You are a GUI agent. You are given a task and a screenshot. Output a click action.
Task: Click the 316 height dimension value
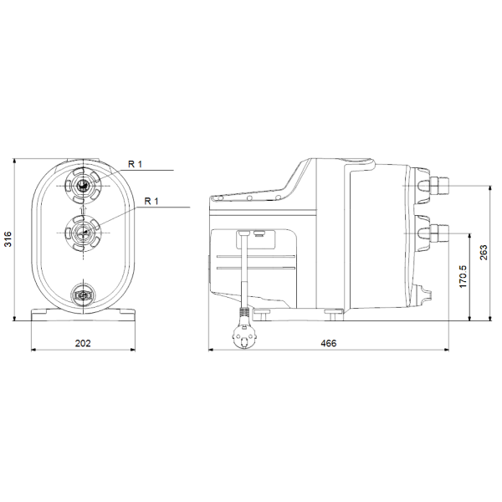pyautogui.click(x=8, y=238)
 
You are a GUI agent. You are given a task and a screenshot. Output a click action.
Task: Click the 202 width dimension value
pyautogui.click(x=83, y=343)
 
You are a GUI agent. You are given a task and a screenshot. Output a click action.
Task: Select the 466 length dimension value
pyautogui.click(x=329, y=343)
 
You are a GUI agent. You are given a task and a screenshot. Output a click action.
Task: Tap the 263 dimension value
pyautogui.click(x=484, y=253)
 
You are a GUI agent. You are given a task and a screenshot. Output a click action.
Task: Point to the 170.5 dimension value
pyautogui.click(x=463, y=277)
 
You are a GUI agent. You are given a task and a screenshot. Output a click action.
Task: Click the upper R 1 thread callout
pyautogui.click(x=135, y=164)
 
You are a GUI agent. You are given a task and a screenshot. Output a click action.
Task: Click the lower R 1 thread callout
pyautogui.click(x=151, y=202)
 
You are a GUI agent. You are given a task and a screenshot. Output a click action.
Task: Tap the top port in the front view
pyautogui.click(x=83, y=186)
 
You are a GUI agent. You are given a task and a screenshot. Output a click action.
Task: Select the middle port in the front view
pyautogui.click(x=83, y=233)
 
